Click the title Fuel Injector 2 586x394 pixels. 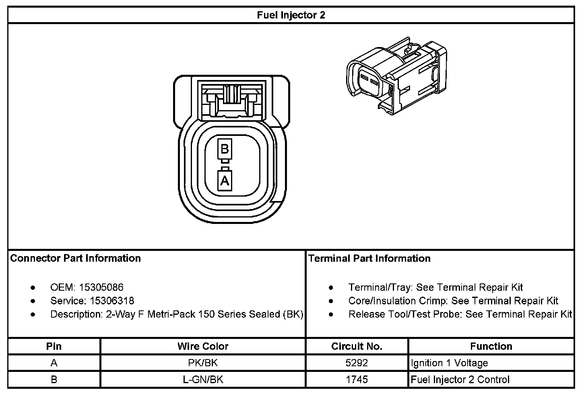point(291,15)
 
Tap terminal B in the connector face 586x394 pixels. point(225,149)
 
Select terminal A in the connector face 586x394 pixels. point(225,181)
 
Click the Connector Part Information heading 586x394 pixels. point(75,258)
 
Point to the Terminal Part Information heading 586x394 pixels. point(369,258)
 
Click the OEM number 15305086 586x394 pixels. point(101,287)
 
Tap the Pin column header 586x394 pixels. point(54,346)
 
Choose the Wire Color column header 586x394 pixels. point(202,346)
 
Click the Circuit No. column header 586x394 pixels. point(357,346)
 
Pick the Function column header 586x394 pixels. point(491,346)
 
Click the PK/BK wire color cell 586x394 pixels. point(202,363)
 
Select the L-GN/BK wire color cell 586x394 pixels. point(202,380)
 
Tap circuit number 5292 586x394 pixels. point(357,363)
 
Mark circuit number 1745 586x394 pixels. point(357,380)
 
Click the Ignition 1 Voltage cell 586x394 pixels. point(449,363)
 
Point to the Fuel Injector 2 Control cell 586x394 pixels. point(460,380)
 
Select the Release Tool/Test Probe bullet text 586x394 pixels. point(460,314)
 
